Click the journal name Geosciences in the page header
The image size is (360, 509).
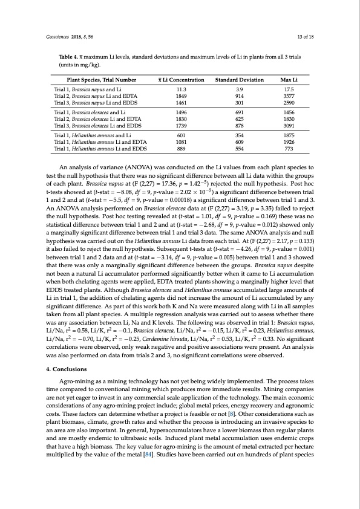coord(58,36)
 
